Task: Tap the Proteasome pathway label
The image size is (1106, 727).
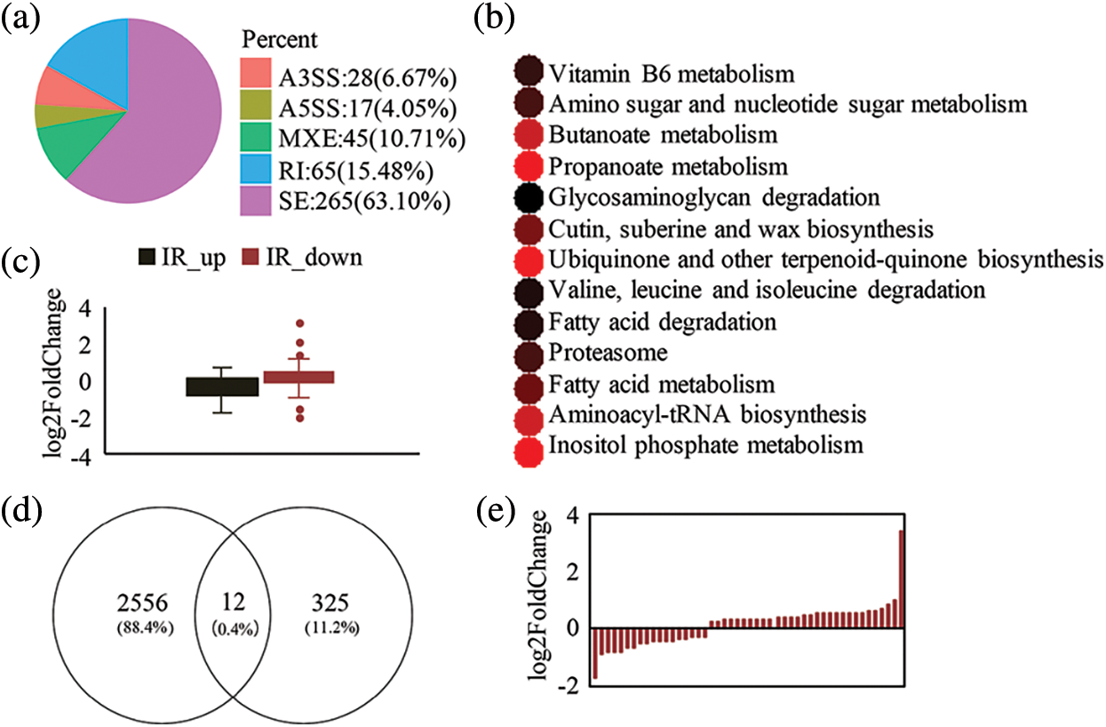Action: click(x=608, y=354)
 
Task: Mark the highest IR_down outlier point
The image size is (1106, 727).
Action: click(x=299, y=324)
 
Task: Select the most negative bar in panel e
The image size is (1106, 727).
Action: click(x=594, y=653)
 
